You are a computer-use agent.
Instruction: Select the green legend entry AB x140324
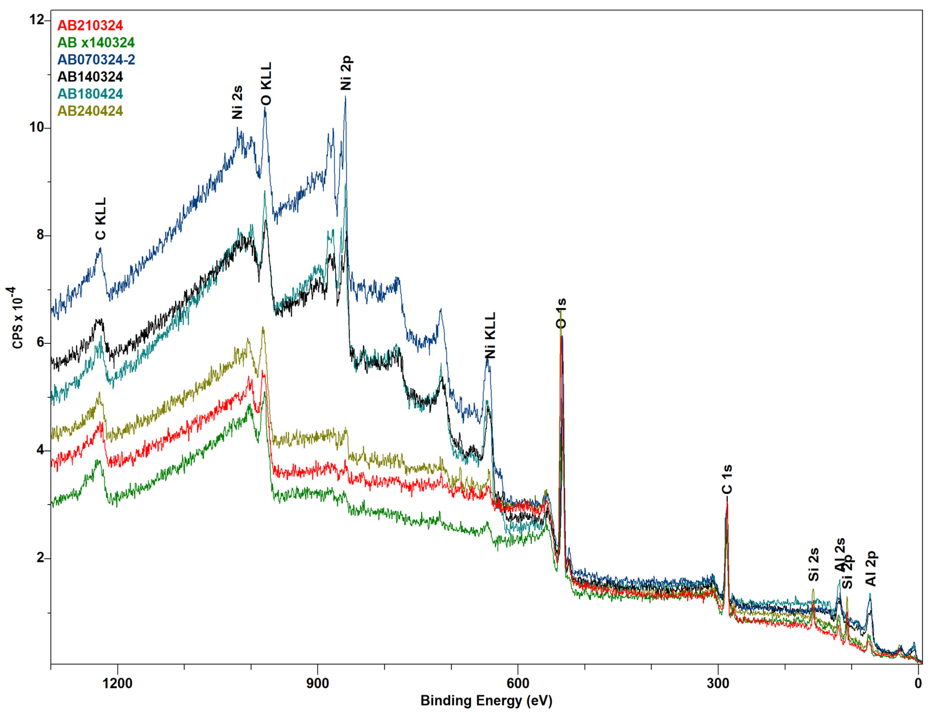pyautogui.click(x=96, y=42)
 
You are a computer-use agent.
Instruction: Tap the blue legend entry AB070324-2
pyautogui.click(x=96, y=60)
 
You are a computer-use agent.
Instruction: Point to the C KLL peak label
pyautogui.click(x=100, y=219)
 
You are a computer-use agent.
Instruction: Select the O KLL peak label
pyautogui.click(x=266, y=84)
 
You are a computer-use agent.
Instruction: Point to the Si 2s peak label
pyautogui.click(x=814, y=565)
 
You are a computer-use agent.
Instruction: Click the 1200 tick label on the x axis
pyautogui.click(x=118, y=684)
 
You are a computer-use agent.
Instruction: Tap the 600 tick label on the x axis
pyautogui.click(x=518, y=684)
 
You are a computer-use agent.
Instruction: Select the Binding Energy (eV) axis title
pyautogui.click(x=486, y=701)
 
